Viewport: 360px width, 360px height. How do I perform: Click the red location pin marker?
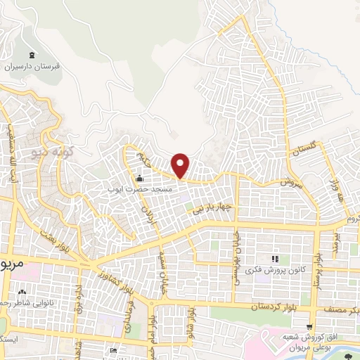pyautogui.click(x=181, y=166)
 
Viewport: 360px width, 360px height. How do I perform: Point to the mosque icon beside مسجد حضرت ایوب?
pyautogui.click(x=139, y=178)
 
